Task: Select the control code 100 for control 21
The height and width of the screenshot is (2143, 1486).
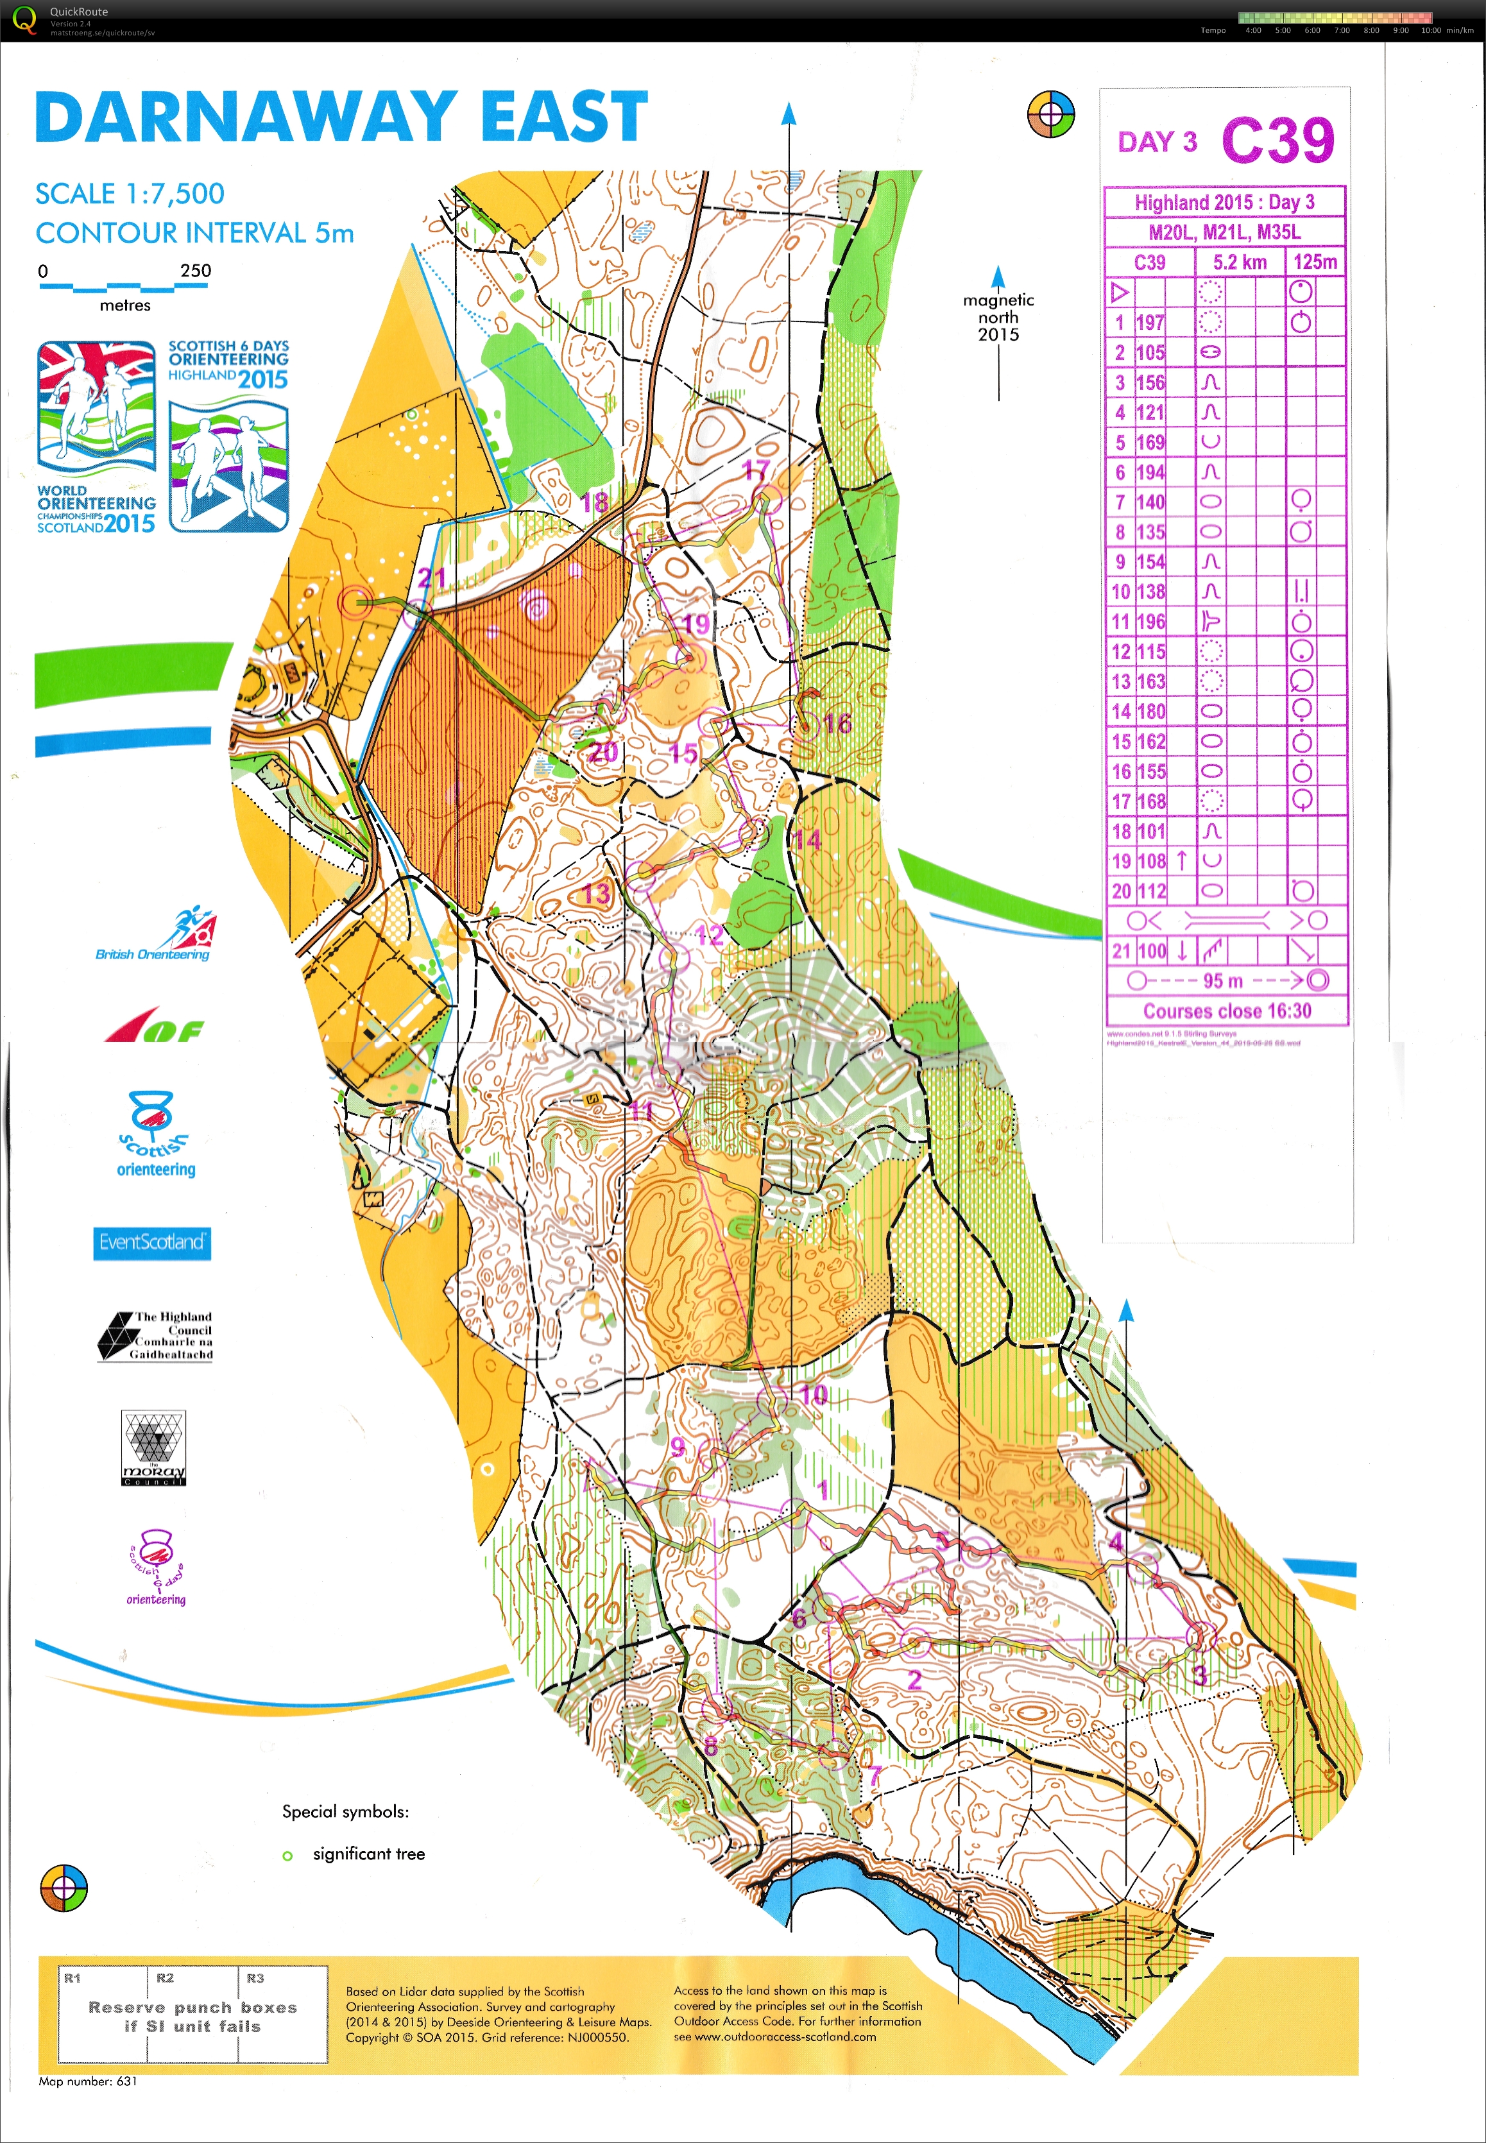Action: coord(1152,950)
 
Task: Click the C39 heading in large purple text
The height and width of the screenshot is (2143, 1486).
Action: coord(1277,141)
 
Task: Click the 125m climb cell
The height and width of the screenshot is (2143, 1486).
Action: coord(1315,262)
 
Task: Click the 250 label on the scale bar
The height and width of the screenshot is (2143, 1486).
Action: coord(196,271)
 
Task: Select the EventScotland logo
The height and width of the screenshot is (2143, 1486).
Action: coord(152,1242)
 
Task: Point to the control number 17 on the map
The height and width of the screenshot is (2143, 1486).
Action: coord(756,470)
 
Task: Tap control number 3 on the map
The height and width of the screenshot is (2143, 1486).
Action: coord(1200,1676)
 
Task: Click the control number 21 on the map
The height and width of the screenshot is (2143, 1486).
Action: coord(431,578)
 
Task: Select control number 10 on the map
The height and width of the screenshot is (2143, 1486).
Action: coord(814,1394)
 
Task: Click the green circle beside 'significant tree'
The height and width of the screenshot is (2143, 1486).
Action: coord(287,1856)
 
